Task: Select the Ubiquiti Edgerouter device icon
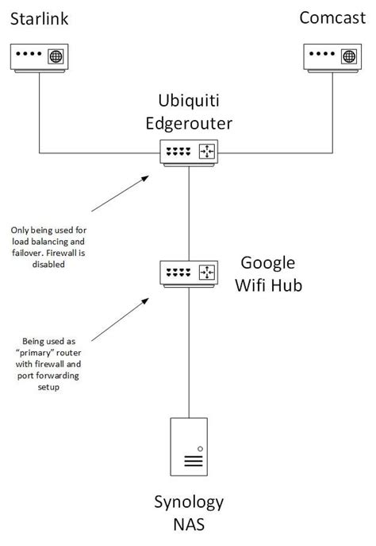pyautogui.click(x=188, y=152)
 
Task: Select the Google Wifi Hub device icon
pyautogui.click(x=188, y=273)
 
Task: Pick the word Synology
pyautogui.click(x=189, y=502)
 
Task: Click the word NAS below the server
pyautogui.click(x=189, y=525)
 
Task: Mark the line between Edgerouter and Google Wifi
pyautogui.click(x=188, y=211)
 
